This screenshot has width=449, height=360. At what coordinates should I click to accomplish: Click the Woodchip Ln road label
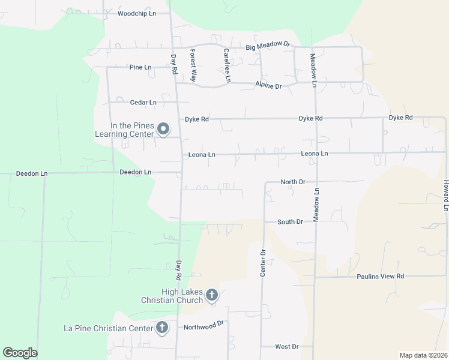click(x=137, y=13)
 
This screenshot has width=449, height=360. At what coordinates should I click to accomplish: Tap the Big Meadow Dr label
click(x=268, y=45)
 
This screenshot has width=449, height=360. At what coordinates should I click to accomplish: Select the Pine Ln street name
click(x=140, y=67)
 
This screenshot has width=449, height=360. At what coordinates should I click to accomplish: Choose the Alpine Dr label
click(x=268, y=86)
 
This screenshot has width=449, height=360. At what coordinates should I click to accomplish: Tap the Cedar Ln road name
click(x=144, y=103)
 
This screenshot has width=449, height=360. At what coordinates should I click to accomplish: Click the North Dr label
click(x=294, y=181)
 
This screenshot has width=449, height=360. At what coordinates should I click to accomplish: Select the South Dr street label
click(x=290, y=222)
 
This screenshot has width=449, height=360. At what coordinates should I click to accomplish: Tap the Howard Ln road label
click(x=446, y=195)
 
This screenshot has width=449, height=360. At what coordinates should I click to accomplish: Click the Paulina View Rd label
click(x=381, y=277)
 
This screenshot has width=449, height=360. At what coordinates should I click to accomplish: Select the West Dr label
click(x=286, y=347)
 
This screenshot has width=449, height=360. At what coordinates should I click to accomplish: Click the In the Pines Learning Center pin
click(x=163, y=128)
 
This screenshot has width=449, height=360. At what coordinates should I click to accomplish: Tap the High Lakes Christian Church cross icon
click(x=211, y=295)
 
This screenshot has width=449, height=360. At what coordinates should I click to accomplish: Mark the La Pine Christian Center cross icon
click(x=161, y=328)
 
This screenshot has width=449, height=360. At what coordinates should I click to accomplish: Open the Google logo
click(x=20, y=353)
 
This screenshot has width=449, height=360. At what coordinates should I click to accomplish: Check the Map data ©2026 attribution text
click(x=423, y=355)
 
